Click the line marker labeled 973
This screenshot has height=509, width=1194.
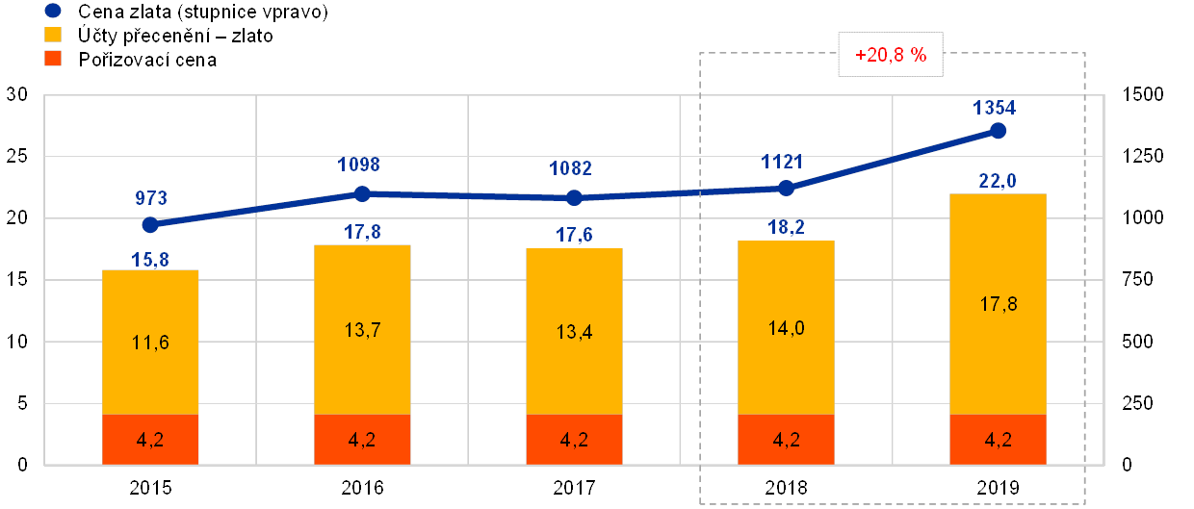tap(150, 224)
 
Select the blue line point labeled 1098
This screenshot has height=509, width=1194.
tap(362, 193)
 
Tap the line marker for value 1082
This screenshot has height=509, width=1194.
tap(574, 198)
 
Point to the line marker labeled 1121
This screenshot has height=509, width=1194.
tap(786, 188)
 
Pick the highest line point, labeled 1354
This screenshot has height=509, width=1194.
tap(998, 131)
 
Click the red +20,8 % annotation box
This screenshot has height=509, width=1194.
tap(891, 56)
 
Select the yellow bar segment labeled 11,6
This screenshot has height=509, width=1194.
tap(150, 342)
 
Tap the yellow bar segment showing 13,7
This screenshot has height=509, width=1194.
tap(362, 329)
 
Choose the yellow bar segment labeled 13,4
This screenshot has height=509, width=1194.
tap(574, 331)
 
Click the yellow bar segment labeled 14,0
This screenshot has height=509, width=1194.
tap(786, 327)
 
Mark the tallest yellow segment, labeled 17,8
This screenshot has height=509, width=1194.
tap(998, 304)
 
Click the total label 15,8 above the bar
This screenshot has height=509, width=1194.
tap(150, 258)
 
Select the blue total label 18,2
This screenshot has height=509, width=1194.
tap(786, 228)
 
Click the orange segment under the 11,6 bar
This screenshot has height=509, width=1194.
tap(150, 439)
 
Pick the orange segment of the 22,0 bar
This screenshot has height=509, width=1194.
tap(998, 439)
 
